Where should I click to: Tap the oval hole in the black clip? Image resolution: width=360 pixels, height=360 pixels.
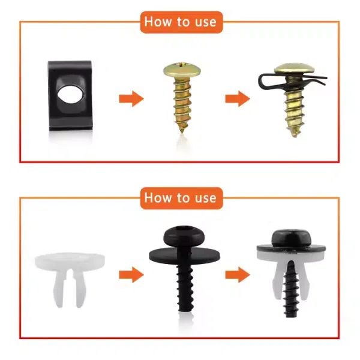tap(70, 94)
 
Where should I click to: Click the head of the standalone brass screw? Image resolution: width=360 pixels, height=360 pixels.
tap(182, 70)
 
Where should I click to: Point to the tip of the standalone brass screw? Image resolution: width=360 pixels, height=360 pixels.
tap(182, 131)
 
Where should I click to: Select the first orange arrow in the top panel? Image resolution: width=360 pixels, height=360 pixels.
tap(131, 99)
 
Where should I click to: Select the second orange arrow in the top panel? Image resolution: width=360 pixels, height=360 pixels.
tap(238, 99)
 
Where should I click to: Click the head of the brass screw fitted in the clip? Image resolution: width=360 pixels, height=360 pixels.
tap(295, 69)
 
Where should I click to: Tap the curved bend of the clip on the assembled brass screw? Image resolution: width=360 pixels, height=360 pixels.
tap(261, 82)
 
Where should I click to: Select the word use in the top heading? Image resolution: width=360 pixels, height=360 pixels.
tap(206, 23)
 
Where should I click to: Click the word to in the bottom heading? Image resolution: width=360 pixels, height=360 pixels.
tap(184, 197)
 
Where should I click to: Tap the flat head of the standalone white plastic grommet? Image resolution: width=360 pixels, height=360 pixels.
tap(70, 261)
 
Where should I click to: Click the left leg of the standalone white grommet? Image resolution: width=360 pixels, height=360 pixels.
tap(59, 288)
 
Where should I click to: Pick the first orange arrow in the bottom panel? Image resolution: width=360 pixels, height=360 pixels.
tap(131, 275)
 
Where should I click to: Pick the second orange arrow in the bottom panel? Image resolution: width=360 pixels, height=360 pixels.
tap(238, 275)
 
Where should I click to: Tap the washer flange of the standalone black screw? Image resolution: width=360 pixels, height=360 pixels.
tap(184, 256)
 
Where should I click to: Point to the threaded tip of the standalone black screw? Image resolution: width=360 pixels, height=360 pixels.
tap(185, 308)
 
